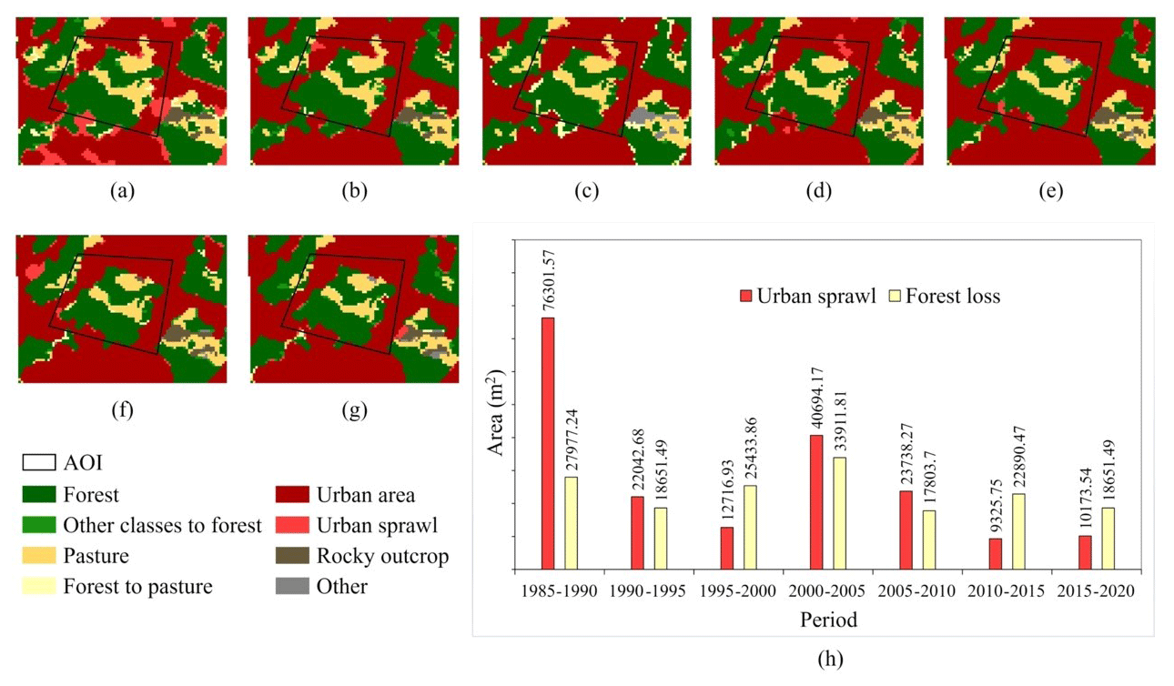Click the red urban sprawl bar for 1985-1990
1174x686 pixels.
click(548, 443)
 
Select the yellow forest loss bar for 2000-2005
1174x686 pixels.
click(839, 513)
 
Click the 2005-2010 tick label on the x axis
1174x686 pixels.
click(916, 590)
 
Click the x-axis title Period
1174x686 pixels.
click(828, 620)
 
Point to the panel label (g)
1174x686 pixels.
click(354, 410)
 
